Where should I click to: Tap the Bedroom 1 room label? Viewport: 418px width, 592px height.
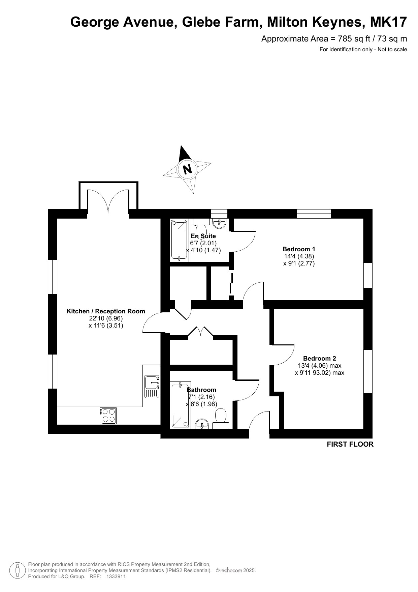pos(299,249)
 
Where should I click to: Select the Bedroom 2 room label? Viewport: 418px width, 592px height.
pos(319,359)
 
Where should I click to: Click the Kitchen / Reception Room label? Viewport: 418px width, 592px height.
pos(106,311)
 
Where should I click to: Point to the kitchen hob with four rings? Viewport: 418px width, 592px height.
pos(108,416)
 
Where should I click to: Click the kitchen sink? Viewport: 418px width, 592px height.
pos(152,386)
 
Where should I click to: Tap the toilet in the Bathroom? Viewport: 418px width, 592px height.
pos(221,419)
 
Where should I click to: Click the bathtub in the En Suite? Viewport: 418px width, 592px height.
pos(179,240)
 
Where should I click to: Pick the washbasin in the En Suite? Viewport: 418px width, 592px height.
pos(219,222)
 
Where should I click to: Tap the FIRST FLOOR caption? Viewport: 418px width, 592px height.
pos(350,444)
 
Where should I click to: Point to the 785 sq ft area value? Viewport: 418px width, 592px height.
pos(354,39)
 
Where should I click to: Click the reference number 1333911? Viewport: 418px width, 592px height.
pos(116,576)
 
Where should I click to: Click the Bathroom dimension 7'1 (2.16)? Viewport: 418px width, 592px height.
pos(201,397)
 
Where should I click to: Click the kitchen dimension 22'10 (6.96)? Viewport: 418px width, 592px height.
pos(106,318)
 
